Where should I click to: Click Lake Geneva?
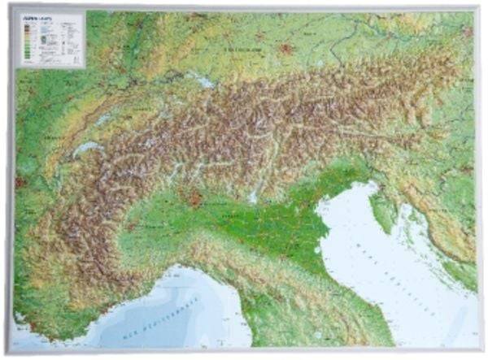point(88,149)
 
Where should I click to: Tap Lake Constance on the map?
point(203,80)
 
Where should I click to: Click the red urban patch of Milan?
point(195,198)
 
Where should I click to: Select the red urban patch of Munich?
point(285,50)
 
